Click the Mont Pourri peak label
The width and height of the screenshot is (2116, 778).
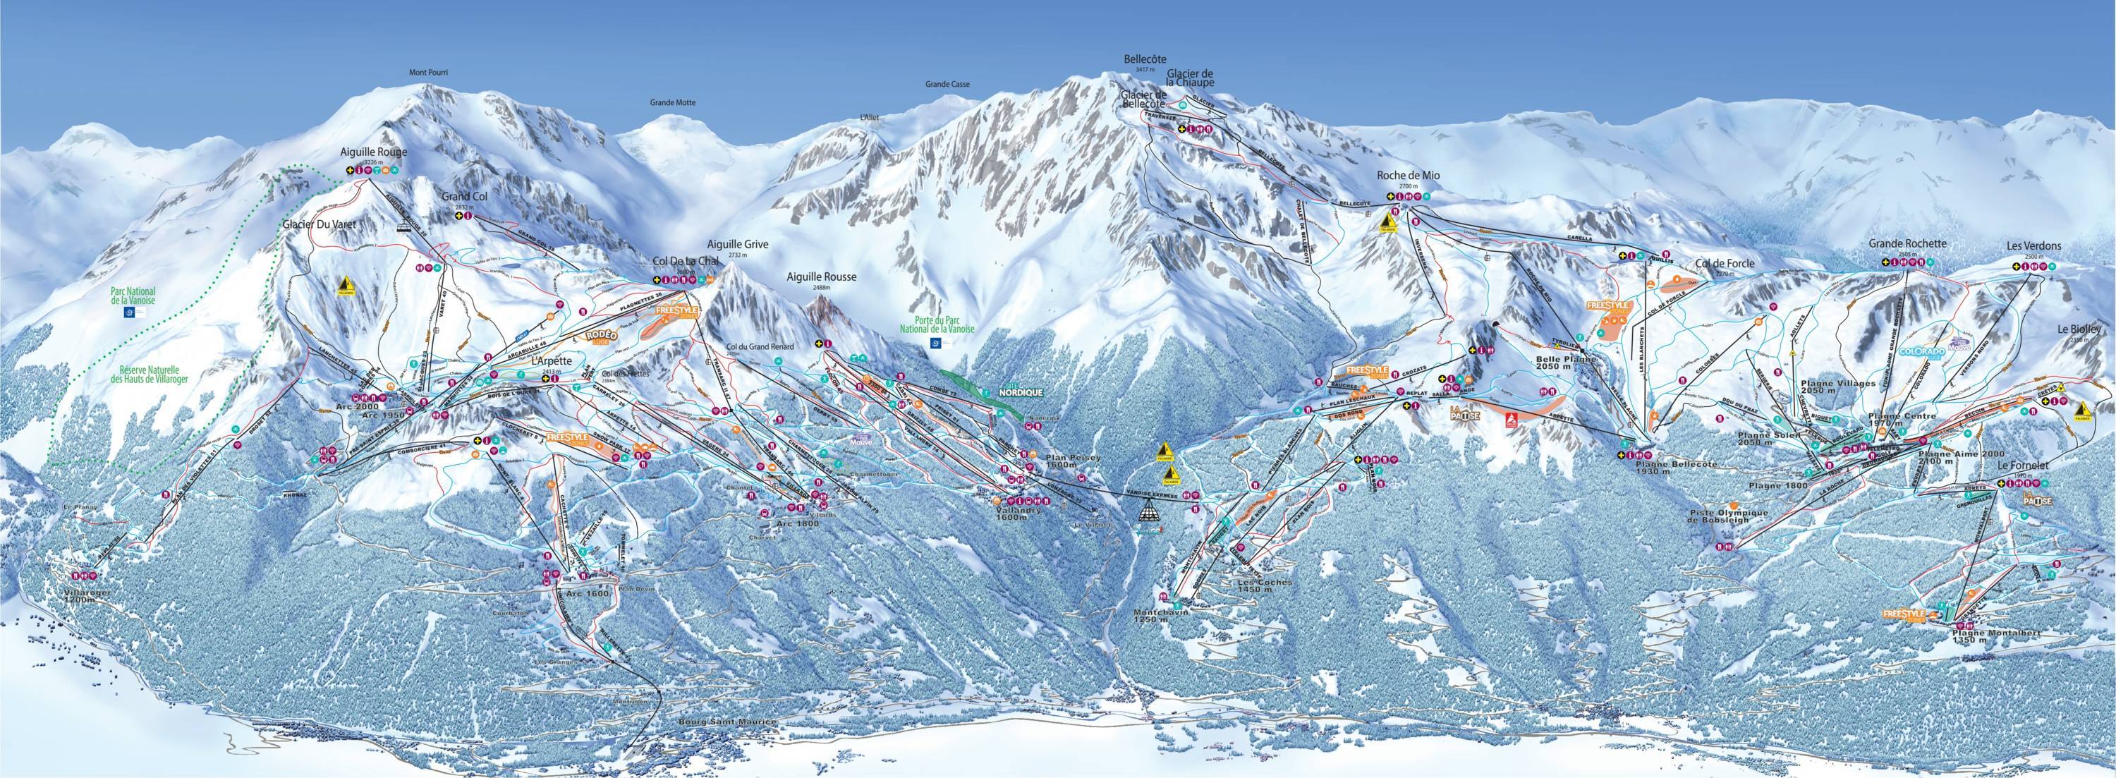[433, 72]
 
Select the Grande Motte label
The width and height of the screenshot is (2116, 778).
[672, 103]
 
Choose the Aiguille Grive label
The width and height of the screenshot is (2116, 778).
[735, 245]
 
